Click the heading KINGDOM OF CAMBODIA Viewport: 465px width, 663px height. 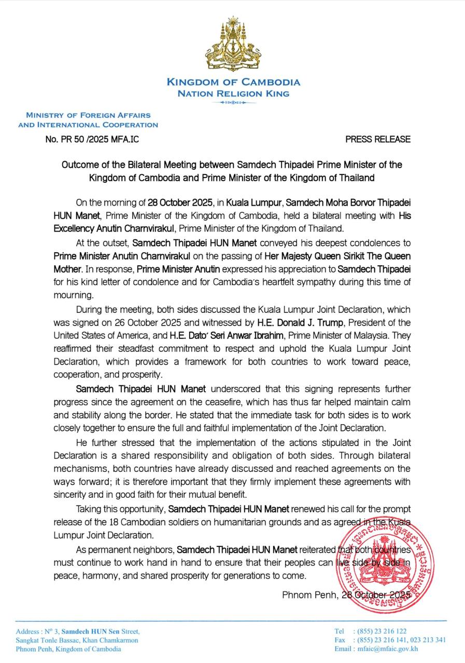coord(233,82)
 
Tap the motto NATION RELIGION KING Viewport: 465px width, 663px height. coord(233,94)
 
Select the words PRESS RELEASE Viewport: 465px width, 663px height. coord(378,139)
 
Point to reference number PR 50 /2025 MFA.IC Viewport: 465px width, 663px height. coord(92,139)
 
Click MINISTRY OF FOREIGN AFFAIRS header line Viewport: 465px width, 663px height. coord(88,115)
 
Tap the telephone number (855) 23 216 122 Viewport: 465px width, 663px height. coord(379,631)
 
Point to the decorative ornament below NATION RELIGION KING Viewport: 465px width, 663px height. coord(233,103)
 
